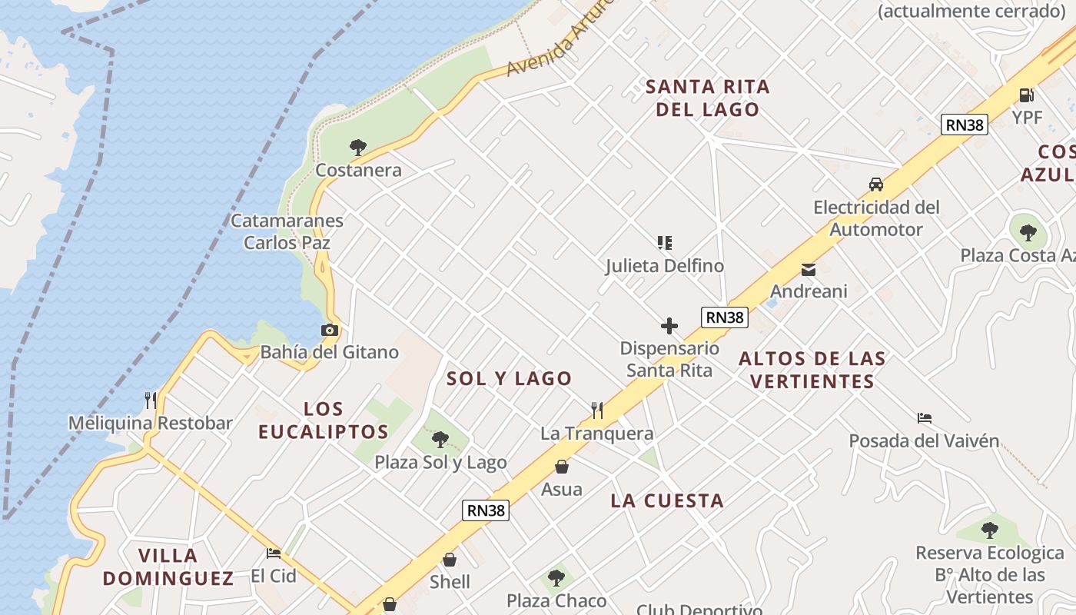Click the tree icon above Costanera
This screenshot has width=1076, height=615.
pos(357,146)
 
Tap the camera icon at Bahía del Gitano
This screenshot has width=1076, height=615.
pos(329,330)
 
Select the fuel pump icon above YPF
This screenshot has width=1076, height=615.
pos(1026,95)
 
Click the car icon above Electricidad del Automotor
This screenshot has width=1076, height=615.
pos(875,184)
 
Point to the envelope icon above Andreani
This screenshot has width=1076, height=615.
pos(809,270)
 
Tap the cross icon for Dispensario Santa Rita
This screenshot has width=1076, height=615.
pos(669,326)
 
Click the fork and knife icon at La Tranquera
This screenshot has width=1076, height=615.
pos(597,411)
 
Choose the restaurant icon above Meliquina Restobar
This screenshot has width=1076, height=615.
pos(151,400)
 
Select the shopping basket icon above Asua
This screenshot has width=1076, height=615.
pos(562,467)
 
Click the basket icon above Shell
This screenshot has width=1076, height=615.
pos(450,560)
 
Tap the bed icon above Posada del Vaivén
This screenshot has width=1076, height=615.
pos(925,418)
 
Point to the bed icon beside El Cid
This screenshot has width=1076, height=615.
pos(274,553)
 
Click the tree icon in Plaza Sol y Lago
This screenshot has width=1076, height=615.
pos(440,440)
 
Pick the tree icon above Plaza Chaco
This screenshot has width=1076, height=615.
pos(556,577)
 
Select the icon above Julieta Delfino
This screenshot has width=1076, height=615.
pos(665,243)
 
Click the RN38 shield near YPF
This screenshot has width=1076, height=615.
pos(964,125)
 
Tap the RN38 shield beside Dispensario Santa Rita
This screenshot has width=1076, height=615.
pos(724,317)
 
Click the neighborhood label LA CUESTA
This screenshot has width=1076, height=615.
pos(667,501)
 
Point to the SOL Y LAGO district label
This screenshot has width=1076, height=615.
pos(510,378)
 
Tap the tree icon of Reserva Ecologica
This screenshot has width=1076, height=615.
pos(989,530)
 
